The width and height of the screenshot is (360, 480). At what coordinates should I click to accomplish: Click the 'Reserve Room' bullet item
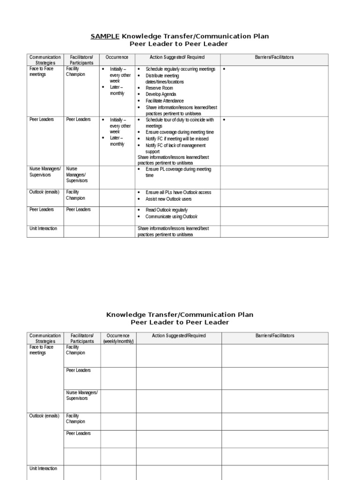click(159, 88)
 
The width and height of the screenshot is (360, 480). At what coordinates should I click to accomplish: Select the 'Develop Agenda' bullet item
click(161, 94)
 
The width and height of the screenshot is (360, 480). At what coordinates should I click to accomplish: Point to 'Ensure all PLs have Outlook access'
click(178, 192)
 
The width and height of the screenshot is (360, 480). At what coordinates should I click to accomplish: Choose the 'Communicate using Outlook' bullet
click(171, 217)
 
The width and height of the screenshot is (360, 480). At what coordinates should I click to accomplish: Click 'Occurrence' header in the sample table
click(117, 57)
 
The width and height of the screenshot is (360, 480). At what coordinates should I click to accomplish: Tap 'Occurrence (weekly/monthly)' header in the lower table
click(118, 338)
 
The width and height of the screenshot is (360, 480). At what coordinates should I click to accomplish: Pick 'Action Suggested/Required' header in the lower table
click(179, 336)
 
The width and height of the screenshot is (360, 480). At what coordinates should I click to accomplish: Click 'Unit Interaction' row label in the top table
click(43, 228)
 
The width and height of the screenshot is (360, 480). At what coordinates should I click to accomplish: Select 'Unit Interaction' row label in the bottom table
click(43, 468)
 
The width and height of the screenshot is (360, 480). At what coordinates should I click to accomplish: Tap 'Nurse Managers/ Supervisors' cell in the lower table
click(82, 395)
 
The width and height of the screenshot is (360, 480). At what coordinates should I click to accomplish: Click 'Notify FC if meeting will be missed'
click(177, 139)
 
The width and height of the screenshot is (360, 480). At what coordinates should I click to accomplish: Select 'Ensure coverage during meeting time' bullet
click(179, 132)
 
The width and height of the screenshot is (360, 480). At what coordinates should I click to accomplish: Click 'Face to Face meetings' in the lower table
click(41, 350)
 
